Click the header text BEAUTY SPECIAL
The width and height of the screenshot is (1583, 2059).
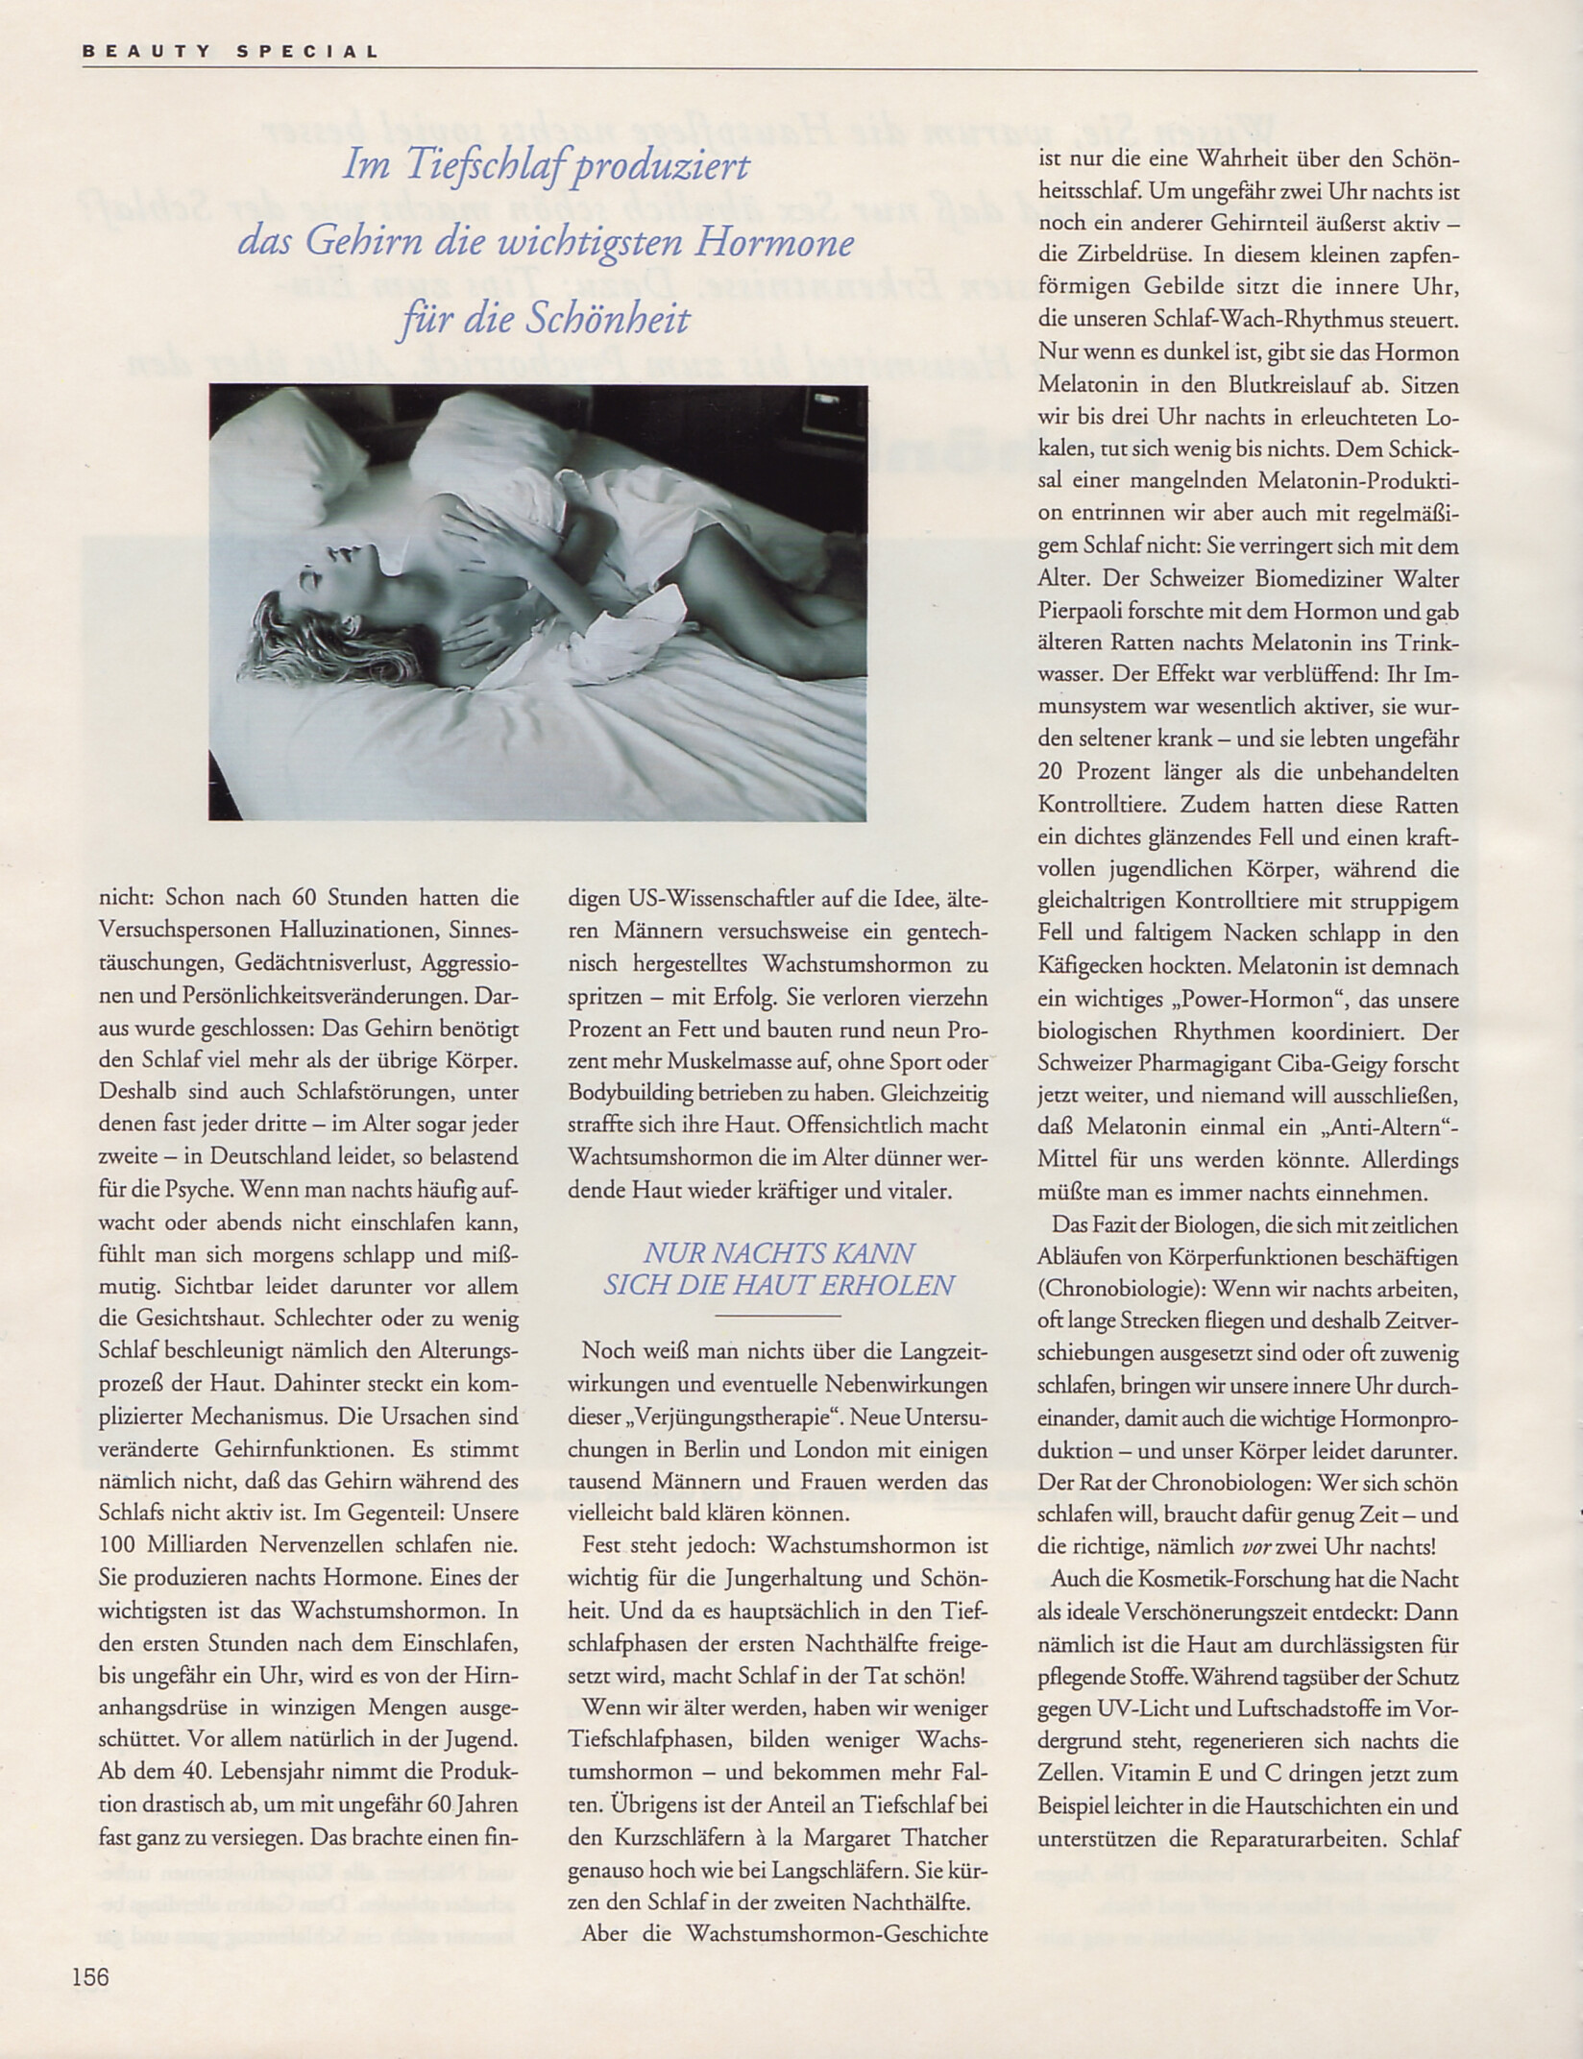231,52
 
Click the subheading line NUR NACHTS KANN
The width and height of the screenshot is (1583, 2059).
778,1252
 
